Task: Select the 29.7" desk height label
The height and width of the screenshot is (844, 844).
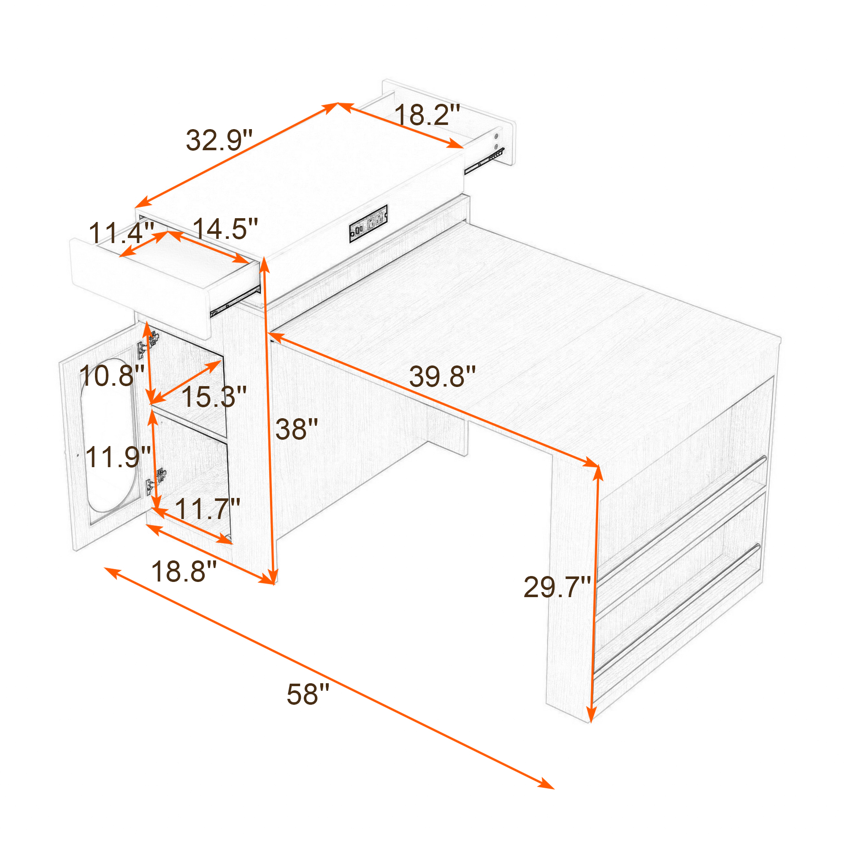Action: tap(557, 587)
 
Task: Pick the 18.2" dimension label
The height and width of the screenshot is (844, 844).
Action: tap(427, 115)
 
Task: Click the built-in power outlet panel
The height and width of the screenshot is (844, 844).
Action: tap(368, 223)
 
